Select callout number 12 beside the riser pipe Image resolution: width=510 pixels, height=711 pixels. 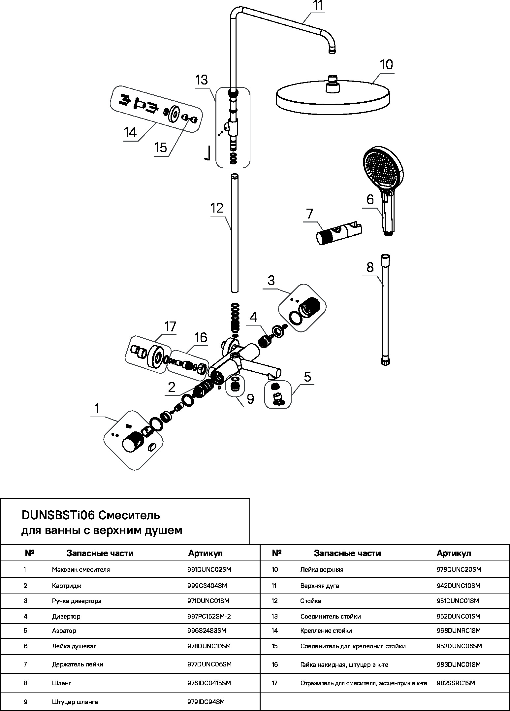pos(217,208)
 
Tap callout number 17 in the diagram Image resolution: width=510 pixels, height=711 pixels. pos(171,327)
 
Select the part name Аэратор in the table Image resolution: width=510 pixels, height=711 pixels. pos(64,631)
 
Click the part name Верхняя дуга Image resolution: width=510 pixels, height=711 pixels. pos(319,586)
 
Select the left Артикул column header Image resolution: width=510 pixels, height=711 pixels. pos(206,554)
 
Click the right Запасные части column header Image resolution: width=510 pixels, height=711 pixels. pos(347,554)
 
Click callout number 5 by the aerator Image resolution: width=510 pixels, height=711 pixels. pos(307,377)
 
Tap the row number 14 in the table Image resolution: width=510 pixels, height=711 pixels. pos(275,631)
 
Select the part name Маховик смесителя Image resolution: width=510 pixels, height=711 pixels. pos(81,569)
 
